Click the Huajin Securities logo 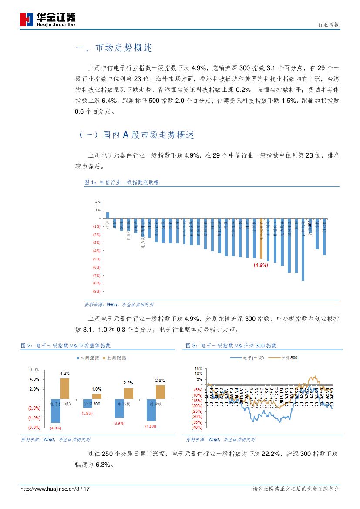pyautogui.click(x=48, y=19)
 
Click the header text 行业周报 pyautogui.click(x=329, y=25)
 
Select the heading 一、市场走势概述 pyautogui.click(x=114, y=48)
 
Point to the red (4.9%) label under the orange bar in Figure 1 pyautogui.click(x=261, y=265)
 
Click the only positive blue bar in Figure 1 pyautogui.click(x=108, y=215)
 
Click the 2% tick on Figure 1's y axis pyautogui.click(x=98, y=202)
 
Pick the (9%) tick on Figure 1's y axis pyautogui.click(x=97, y=291)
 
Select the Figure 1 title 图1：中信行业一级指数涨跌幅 pyautogui.click(x=121, y=182)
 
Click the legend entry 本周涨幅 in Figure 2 pyautogui.click(x=90, y=358)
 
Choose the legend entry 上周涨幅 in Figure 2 pyautogui.click(x=116, y=358)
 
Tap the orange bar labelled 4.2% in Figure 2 pyautogui.click(x=64, y=388)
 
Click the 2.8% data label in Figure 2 pyautogui.click(x=160, y=381)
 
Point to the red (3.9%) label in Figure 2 pyautogui.click(x=119, y=423)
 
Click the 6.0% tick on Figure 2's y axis pyautogui.click(x=35, y=370)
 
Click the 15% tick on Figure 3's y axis pyautogui.click(x=198, y=368)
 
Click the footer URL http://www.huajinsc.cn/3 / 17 pyautogui.click(x=55, y=489)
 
